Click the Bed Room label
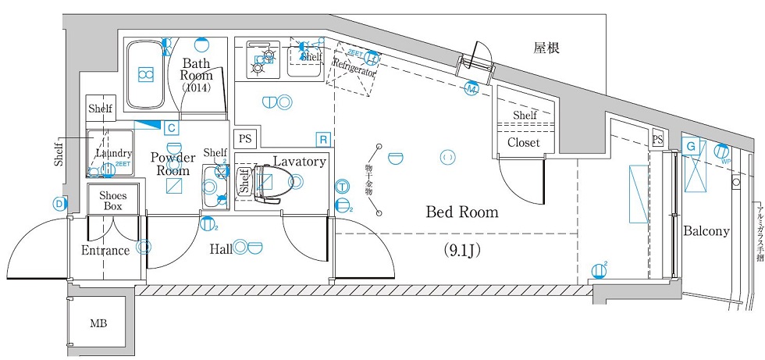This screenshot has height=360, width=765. [x=461, y=212]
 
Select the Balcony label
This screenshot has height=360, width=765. [x=706, y=231]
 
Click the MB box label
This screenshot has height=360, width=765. [x=98, y=323]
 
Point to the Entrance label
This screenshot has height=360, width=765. [x=105, y=251]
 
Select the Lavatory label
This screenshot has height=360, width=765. [x=299, y=162]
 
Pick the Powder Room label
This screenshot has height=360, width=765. [x=173, y=164]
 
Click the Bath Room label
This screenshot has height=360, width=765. [x=197, y=70]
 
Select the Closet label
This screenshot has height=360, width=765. [x=524, y=143]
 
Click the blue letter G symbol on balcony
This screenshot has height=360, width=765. [x=691, y=146]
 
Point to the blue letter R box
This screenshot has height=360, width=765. [x=322, y=139]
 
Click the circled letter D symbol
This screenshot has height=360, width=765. [x=59, y=204]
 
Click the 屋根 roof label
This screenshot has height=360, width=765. [x=546, y=48]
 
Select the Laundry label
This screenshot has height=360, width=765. [x=114, y=154]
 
